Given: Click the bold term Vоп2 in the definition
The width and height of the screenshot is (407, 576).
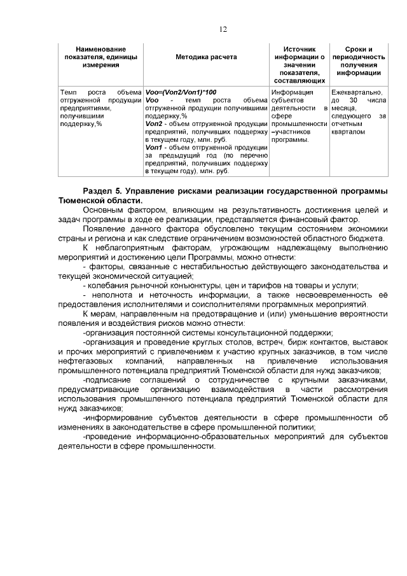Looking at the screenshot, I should tap(155, 124).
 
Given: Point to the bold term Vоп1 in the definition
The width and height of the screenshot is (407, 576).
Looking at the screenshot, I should tap(155, 148).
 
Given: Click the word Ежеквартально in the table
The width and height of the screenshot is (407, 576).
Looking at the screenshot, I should tap(357, 92).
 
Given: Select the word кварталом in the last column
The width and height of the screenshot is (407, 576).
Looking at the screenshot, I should tap(348, 132).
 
